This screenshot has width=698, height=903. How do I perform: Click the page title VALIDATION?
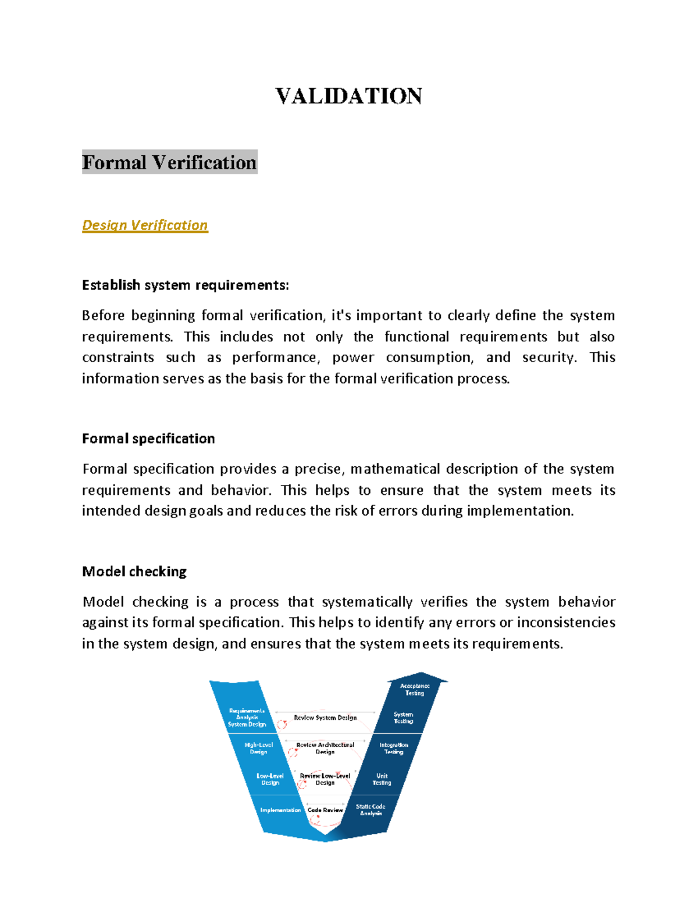(348, 96)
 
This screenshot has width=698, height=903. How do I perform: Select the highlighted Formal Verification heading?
(169, 162)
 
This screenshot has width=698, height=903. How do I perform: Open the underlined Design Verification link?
(145, 225)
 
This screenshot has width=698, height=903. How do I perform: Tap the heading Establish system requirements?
(185, 285)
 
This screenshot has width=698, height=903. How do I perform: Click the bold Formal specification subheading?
(148, 438)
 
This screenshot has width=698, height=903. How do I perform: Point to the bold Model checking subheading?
(134, 572)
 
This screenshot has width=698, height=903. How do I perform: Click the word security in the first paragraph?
(549, 358)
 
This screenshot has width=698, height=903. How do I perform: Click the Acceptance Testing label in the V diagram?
(415, 690)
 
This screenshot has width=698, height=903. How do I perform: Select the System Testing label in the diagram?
(403, 718)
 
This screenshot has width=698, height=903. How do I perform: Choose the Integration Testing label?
(394, 748)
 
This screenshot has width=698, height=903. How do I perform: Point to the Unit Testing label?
(382, 779)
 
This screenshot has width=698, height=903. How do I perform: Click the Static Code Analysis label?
(371, 809)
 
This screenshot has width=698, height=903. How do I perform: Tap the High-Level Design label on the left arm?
(259, 748)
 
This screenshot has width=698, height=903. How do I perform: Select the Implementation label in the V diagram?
(280, 810)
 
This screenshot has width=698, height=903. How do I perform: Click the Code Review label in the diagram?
(325, 810)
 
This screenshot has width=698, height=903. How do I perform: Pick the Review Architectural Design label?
(325, 748)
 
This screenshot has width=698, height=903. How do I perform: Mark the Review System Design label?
(325, 718)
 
